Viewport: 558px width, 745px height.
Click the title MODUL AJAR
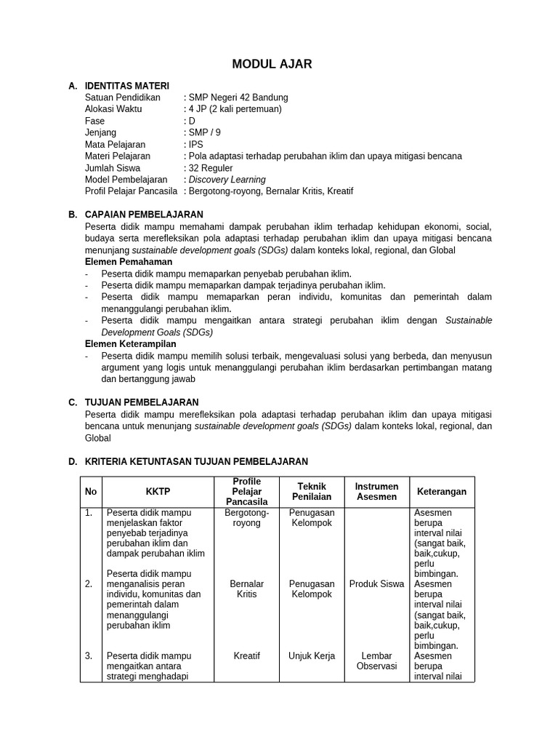272,64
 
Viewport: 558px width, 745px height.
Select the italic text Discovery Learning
227,180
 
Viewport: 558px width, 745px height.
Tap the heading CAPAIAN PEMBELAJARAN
144,215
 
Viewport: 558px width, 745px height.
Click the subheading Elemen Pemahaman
129,261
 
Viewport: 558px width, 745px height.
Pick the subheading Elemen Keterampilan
131,344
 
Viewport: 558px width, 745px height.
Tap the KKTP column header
158,492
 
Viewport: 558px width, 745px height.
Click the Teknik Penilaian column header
312,492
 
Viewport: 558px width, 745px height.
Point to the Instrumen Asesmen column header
376,492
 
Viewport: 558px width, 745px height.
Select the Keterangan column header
442,492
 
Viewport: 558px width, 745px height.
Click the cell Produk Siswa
376,584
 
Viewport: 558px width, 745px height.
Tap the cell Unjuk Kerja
312,656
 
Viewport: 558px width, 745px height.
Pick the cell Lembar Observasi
376,661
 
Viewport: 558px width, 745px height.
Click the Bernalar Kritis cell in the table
247,589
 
